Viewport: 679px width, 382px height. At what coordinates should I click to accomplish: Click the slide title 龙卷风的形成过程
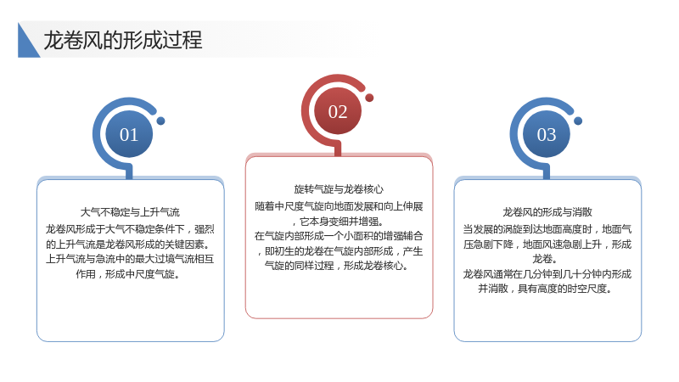123,40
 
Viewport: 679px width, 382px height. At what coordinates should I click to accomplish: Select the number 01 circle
129,134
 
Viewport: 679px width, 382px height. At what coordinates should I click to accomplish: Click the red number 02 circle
338,112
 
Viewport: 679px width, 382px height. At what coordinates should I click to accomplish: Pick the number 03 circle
547,134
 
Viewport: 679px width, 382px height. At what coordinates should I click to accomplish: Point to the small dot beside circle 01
160,121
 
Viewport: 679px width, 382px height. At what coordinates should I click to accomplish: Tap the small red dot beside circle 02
369,98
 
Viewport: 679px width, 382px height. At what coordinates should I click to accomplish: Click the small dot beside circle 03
578,121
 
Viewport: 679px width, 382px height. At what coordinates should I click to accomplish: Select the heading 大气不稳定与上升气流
130,212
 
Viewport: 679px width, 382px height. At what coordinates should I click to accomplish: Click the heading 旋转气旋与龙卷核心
339,189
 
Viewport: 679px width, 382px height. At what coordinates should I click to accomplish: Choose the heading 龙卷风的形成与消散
547,212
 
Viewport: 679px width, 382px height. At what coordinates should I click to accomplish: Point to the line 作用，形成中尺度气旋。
128,274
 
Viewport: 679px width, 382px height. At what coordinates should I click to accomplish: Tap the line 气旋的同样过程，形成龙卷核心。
336,266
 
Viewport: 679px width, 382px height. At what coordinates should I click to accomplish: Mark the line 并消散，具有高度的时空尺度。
545,289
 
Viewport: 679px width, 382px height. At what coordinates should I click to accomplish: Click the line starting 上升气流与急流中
130,259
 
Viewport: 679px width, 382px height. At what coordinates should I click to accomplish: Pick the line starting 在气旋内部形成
339,236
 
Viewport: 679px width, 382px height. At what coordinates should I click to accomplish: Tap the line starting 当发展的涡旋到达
547,229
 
